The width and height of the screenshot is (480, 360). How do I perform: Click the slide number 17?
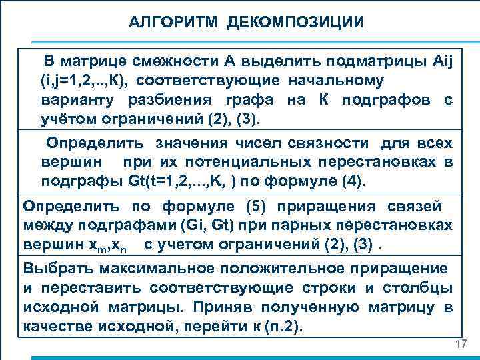459,344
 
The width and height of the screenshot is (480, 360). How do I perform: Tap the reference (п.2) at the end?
281,327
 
